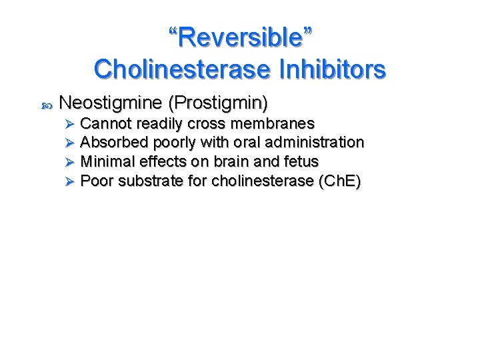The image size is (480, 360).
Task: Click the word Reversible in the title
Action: click(x=240, y=38)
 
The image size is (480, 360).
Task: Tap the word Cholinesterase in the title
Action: click(x=178, y=69)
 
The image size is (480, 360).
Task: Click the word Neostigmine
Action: click(x=111, y=103)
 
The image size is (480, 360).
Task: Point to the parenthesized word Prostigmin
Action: click(x=218, y=103)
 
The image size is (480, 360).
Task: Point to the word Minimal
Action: click(x=106, y=161)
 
